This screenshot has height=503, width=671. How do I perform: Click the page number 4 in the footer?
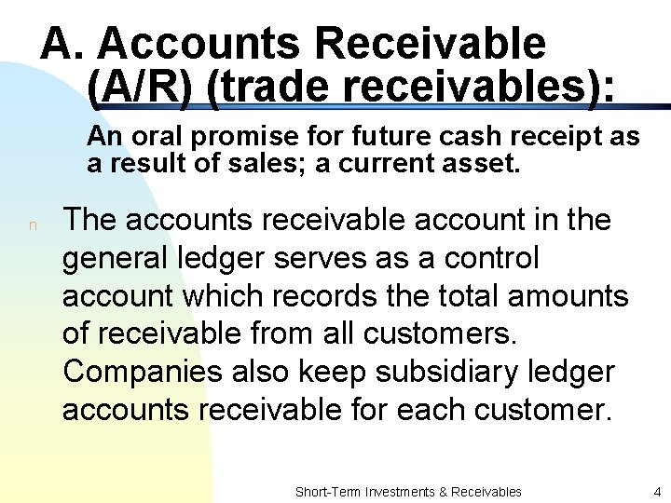tap(656, 491)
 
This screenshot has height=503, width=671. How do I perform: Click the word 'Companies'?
tap(141, 372)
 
